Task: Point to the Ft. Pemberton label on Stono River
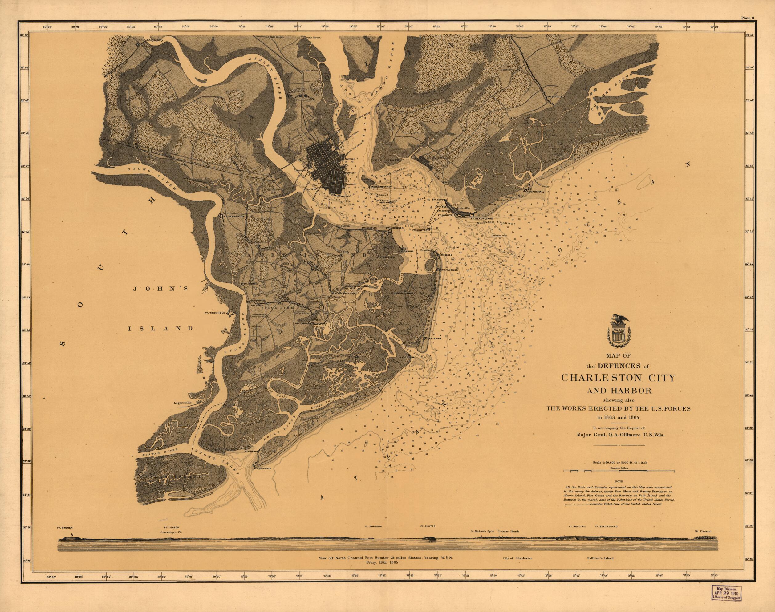click(234, 217)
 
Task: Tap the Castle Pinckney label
click(379, 187)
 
